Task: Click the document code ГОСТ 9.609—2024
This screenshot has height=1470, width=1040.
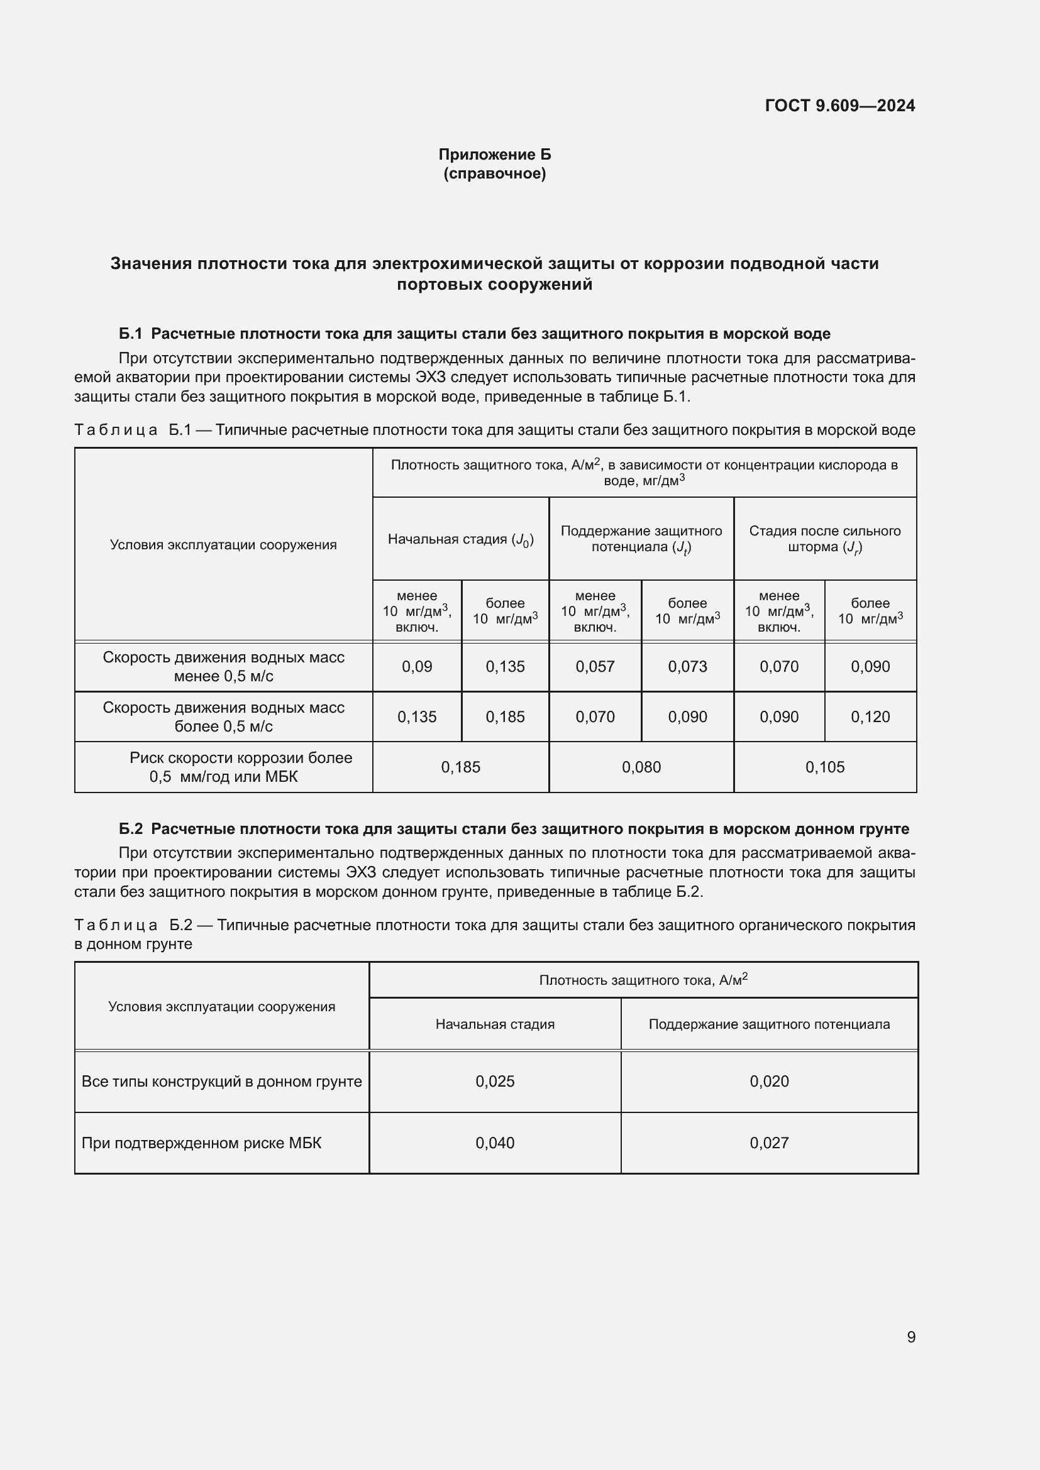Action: click(839, 106)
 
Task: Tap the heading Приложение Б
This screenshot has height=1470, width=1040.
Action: click(494, 155)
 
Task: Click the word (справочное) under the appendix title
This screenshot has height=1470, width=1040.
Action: click(494, 173)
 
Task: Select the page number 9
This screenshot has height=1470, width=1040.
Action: click(910, 1337)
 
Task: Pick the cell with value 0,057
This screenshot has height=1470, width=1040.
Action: click(595, 666)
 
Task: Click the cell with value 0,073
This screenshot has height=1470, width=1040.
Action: click(687, 666)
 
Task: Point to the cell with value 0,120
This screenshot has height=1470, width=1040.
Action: click(870, 716)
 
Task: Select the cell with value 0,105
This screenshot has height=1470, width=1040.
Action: click(825, 767)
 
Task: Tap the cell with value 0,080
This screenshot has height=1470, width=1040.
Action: click(641, 767)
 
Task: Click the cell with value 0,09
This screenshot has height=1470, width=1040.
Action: click(417, 666)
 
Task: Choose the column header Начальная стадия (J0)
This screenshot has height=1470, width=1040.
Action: click(460, 539)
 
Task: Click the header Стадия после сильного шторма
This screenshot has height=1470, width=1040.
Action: click(825, 539)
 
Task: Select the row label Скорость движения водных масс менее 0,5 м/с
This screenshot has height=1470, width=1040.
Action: click(223, 666)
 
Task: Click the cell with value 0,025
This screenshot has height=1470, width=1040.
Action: click(494, 1082)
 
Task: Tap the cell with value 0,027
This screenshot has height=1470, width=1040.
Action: click(768, 1143)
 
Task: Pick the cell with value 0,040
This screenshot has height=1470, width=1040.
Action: click(494, 1143)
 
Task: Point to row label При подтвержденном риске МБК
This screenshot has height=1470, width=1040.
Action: click(201, 1143)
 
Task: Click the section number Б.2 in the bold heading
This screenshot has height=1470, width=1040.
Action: click(131, 829)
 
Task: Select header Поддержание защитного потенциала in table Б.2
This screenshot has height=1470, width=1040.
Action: click(768, 1024)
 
